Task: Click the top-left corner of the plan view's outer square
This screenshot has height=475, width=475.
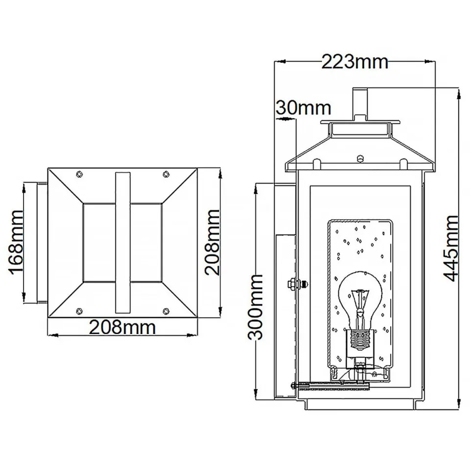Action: click(48, 168)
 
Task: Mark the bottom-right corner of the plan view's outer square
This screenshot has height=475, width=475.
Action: click(197, 318)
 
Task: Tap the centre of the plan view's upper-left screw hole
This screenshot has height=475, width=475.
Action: click(79, 174)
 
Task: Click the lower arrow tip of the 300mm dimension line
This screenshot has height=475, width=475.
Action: click(256, 401)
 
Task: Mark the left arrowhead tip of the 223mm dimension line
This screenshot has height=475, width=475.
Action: click(274, 62)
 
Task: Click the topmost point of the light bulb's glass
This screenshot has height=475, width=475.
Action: click(360, 272)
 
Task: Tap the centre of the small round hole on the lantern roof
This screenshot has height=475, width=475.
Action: click(360, 158)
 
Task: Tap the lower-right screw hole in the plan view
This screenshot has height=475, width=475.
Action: click(166, 311)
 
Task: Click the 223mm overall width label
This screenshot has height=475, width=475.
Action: click(355, 62)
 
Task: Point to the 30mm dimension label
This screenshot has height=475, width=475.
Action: click(304, 108)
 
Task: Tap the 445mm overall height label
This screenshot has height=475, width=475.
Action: click(451, 248)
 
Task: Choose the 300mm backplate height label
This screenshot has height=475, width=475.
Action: click(255, 307)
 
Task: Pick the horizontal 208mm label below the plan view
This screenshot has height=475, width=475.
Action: click(122, 327)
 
